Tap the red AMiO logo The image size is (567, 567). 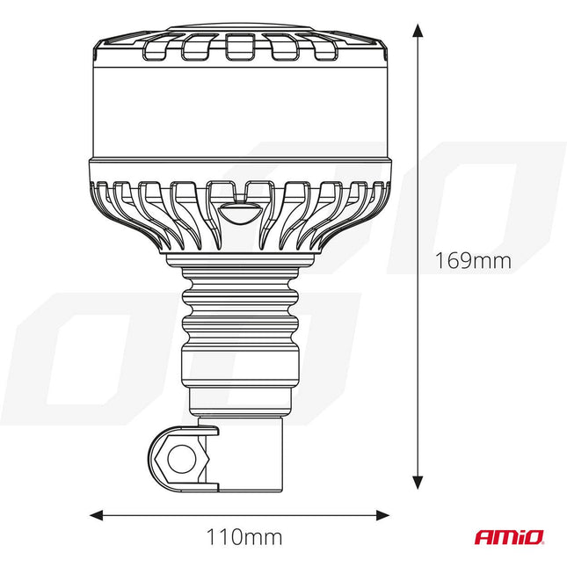509,535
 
